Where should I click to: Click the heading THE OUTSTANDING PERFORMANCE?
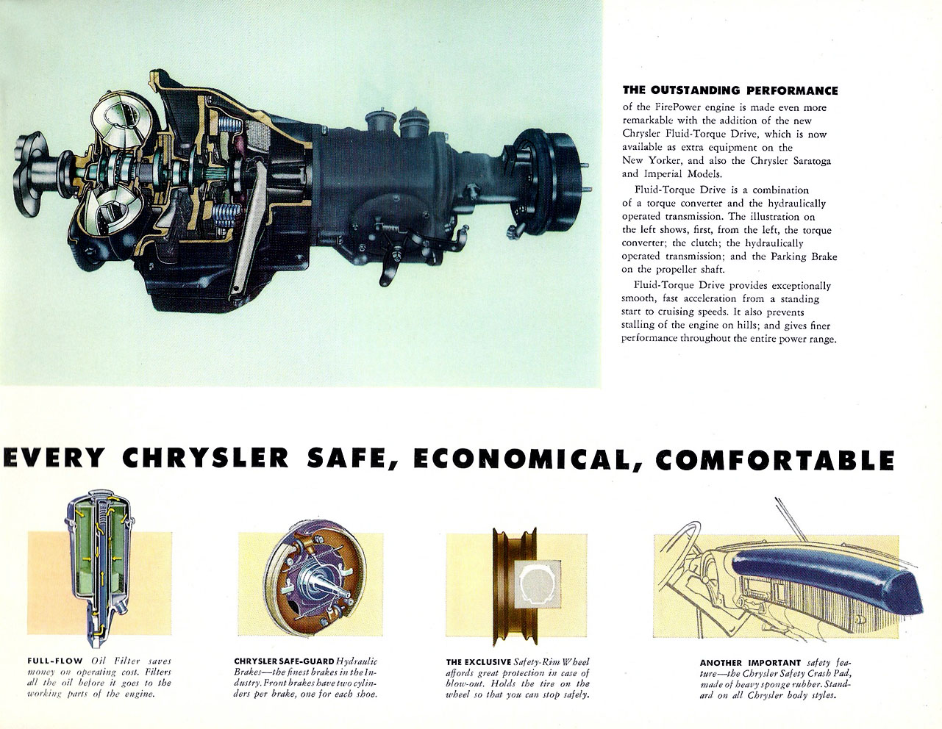coord(729,90)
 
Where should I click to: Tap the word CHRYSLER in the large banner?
coord(205,457)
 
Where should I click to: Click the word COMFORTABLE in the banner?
coord(775,459)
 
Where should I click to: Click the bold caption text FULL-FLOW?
coord(55,661)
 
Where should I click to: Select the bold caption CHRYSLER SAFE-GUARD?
coord(284,661)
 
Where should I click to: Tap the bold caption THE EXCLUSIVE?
coord(478,662)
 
